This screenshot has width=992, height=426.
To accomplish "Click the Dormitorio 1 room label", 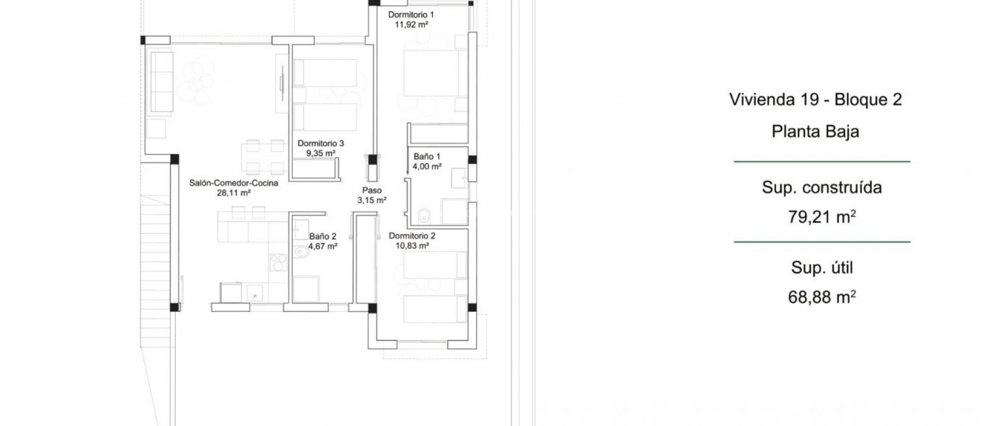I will pyautogui.click(x=411, y=15).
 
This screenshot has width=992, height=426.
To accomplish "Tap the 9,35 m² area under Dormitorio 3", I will pyautogui.click(x=320, y=153).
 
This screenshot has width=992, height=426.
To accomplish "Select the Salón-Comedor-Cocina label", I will pyautogui.click(x=233, y=183).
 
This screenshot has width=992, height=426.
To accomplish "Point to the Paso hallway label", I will pyautogui.click(x=372, y=190).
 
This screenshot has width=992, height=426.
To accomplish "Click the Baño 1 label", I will pyautogui.click(x=427, y=156).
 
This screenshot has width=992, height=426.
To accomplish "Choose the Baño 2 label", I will pyautogui.click(x=323, y=236).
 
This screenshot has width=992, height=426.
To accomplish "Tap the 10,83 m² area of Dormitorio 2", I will pyautogui.click(x=412, y=245).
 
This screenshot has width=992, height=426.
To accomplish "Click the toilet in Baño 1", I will pyautogui.click(x=423, y=216).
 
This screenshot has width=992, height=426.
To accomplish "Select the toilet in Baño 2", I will pyautogui.click(x=300, y=252).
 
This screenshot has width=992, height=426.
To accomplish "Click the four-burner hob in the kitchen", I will pyautogui.click(x=278, y=262).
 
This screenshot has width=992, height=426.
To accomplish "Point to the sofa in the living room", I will pyautogui.click(x=161, y=82).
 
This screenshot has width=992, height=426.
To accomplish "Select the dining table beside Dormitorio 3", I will pyautogui.click(x=264, y=157).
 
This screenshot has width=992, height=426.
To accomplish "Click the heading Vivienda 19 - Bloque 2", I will pyautogui.click(x=815, y=99).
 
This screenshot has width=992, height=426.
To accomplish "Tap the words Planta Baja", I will pyautogui.click(x=815, y=132).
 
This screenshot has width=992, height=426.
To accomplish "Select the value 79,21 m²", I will pyautogui.click(x=821, y=217).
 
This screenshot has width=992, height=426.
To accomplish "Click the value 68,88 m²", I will pyautogui.click(x=821, y=297).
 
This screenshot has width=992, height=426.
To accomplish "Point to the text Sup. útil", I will pyautogui.click(x=821, y=267).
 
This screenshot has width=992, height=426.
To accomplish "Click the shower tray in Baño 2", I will pyautogui.click(x=305, y=289).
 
